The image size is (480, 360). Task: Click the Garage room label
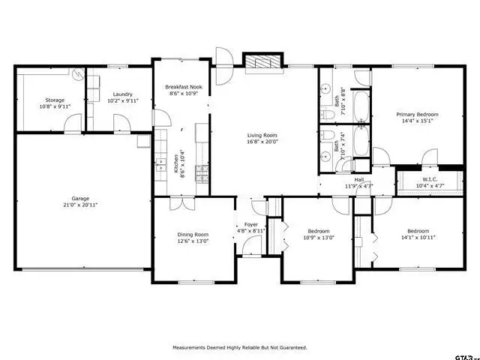[80, 199]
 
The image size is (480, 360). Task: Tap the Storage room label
[55, 100]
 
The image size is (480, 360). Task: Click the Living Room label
[262, 136]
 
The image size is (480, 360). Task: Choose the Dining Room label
[193, 234]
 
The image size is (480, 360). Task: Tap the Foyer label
[251, 224]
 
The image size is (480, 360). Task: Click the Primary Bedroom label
[417, 114]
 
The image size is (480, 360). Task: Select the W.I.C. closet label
[430, 179]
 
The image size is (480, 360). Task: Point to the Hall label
[359, 180]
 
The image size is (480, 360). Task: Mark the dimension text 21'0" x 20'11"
[80, 205]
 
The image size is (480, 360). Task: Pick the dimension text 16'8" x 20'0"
[262, 142]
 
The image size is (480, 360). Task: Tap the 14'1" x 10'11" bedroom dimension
[418, 237]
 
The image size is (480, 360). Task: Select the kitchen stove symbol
[202, 174]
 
